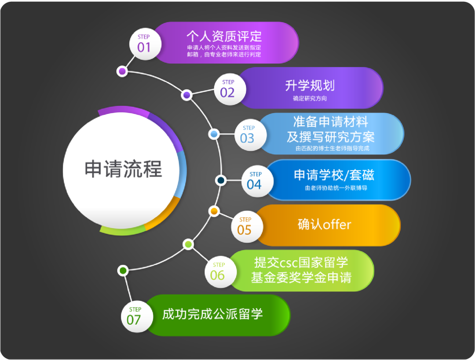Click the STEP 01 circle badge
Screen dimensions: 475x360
[145, 44]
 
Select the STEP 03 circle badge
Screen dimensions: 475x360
[251, 135]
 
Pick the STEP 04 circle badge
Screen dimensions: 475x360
[257, 181]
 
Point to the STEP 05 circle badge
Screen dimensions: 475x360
[247, 226]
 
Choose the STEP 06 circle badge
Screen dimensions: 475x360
[220, 272]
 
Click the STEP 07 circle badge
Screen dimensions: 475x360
[137, 316]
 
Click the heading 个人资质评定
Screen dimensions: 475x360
[224, 36]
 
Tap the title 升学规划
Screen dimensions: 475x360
[310, 85]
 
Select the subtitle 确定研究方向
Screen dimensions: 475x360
[310, 98]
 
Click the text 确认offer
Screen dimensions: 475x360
[325, 225]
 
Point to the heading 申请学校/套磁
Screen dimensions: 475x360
[334, 175]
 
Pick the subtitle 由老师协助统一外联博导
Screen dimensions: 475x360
[336, 188]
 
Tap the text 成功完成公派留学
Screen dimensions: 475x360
[212, 314]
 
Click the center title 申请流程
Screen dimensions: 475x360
[123, 169]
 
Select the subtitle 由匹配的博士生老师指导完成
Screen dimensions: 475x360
[332, 149]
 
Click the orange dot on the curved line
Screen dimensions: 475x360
[214, 211]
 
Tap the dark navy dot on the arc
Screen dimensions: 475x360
[221, 181]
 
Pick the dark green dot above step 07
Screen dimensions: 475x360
[123, 270]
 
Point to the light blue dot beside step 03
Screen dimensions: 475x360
[214, 134]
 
